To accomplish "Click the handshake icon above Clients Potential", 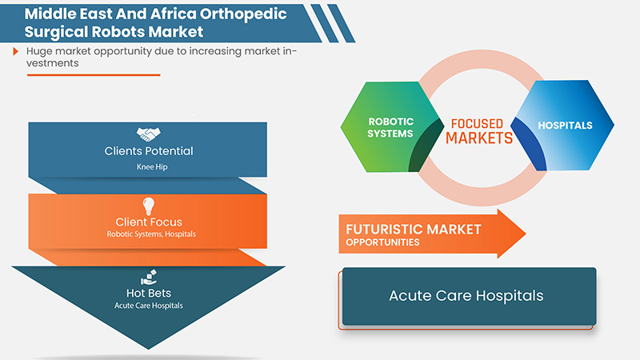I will [148, 134].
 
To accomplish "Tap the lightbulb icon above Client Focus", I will [148, 206].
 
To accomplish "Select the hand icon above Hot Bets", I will [148, 277].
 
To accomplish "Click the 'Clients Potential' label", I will [148, 151].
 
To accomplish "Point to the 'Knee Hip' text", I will [148, 166].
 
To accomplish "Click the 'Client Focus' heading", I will [148, 222].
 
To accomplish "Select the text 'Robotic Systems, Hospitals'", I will [148, 235].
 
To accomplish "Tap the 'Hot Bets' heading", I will [148, 293].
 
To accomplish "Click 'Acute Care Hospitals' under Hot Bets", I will [148, 306].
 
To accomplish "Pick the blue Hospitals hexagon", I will [565, 126].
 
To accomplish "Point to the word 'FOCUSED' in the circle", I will [477, 124].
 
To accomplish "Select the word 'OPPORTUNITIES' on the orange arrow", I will [383, 242].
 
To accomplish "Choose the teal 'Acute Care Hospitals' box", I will [468, 296].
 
